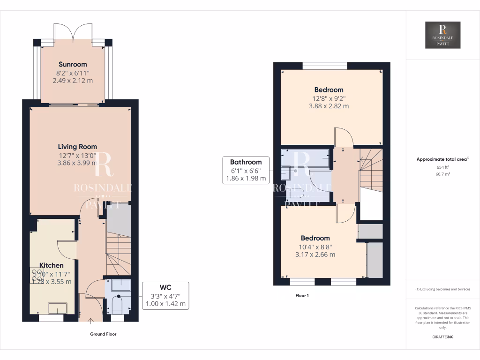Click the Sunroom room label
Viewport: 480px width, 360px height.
pos(73,64)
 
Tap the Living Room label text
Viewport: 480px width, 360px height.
pos(77,147)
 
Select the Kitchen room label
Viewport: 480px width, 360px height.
pos(51,265)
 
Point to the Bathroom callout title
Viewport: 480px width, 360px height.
pos(246,162)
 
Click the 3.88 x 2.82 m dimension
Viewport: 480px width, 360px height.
pos(329,106)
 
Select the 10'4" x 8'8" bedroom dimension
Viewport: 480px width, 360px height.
pos(315,247)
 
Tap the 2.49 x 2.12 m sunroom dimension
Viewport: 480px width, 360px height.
pos(73,81)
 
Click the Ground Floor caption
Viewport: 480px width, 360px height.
pos(103,334)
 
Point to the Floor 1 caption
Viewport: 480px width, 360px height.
pos(302,296)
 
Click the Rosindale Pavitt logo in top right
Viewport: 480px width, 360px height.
pos(442,35)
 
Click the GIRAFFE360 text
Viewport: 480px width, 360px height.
pos(442,337)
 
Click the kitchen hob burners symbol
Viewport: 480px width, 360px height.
pos(36,275)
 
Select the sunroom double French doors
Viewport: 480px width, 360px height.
pos(73,33)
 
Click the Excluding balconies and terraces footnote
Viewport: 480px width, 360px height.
pos(442,289)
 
